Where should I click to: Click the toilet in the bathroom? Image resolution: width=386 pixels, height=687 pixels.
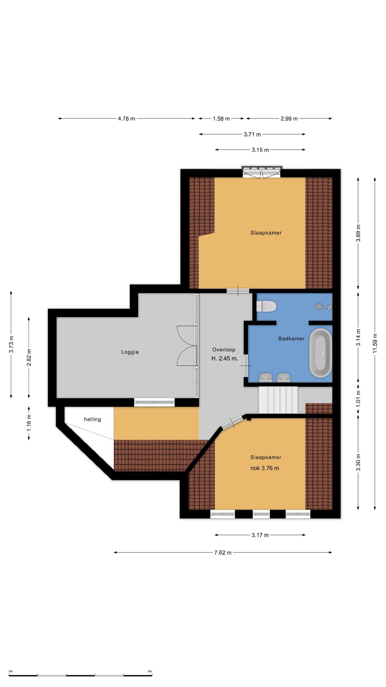tap(266, 306)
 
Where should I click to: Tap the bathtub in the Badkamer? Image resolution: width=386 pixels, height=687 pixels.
tap(320, 353)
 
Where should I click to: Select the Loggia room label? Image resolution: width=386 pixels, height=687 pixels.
tap(130, 352)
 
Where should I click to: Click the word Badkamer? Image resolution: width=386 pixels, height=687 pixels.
tap(291, 338)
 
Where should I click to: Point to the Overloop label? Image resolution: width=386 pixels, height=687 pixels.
tap(224, 350)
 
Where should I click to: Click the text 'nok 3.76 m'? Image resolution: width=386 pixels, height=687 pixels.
tap(264, 468)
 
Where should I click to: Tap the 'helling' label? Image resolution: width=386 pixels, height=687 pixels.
tap(93, 419)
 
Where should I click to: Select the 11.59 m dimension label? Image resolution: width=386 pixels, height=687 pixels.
tap(375, 343)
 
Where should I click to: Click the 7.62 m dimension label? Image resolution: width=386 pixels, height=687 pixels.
tap(223, 552)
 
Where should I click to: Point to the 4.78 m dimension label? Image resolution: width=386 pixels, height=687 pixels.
tap(127, 118)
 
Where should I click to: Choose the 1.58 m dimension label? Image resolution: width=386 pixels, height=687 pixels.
tap(221, 118)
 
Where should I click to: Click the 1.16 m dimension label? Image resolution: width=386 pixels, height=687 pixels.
tap(29, 423)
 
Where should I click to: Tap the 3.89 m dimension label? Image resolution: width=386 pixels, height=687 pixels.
tap(358, 233)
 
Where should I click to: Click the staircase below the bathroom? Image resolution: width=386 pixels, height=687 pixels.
tap(278, 400)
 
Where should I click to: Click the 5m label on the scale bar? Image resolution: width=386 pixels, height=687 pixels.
tap(150, 671)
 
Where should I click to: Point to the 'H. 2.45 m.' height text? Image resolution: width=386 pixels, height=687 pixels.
tap(224, 359)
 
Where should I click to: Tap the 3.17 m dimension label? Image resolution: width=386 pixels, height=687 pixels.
tap(260, 535)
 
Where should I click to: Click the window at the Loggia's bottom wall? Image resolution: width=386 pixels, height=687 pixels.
tap(154, 402)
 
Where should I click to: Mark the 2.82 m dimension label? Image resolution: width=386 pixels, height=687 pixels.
tap(29, 357)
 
